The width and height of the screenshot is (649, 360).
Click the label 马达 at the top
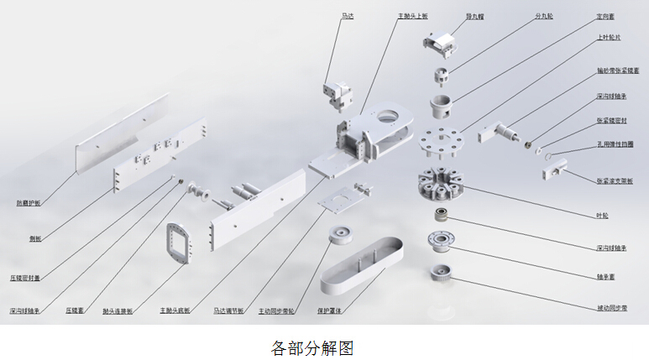347,15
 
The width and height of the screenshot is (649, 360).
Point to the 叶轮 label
600,217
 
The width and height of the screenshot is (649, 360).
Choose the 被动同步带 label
611,308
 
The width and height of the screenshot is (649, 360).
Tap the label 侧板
36,239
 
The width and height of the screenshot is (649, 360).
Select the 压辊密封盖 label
25,276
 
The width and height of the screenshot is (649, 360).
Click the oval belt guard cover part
362,265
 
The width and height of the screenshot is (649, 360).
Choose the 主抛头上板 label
412,15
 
